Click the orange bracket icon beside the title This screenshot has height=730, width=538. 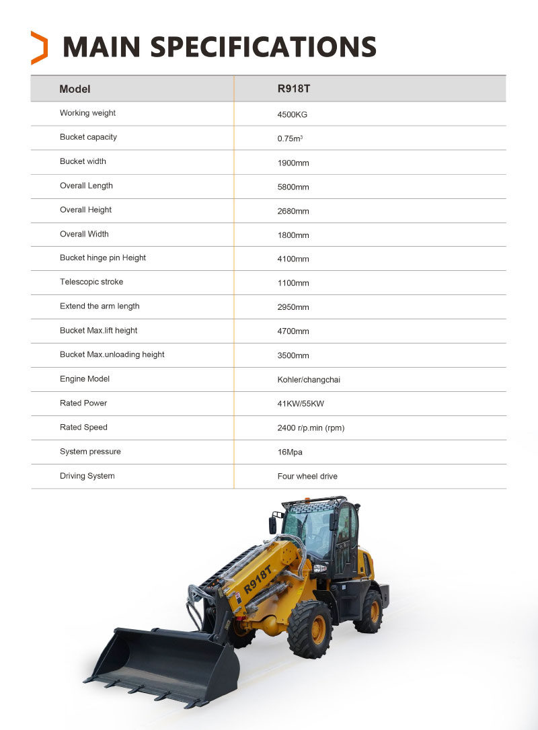click(40, 48)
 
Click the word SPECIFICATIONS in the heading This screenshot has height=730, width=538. click(262, 47)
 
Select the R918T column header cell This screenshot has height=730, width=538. click(293, 89)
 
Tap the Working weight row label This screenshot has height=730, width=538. click(87, 113)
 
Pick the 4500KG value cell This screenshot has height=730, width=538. click(292, 114)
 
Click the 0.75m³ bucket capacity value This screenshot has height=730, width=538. click(290, 138)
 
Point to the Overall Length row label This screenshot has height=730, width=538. click(86, 186)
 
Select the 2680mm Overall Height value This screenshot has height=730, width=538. click(293, 211)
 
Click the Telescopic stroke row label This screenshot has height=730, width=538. click(91, 282)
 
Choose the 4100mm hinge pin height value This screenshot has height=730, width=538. click(293, 259)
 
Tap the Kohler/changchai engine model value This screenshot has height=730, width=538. click(309, 380)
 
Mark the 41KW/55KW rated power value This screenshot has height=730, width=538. click(300, 404)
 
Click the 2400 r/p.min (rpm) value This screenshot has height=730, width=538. click(311, 428)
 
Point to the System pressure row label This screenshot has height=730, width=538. click(90, 452)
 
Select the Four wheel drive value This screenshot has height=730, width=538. click(307, 477)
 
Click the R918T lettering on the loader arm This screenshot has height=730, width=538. click(258, 579)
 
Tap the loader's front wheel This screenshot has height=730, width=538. click(310, 629)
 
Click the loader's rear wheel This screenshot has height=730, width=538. click(369, 610)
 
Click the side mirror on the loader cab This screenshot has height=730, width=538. click(273, 524)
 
